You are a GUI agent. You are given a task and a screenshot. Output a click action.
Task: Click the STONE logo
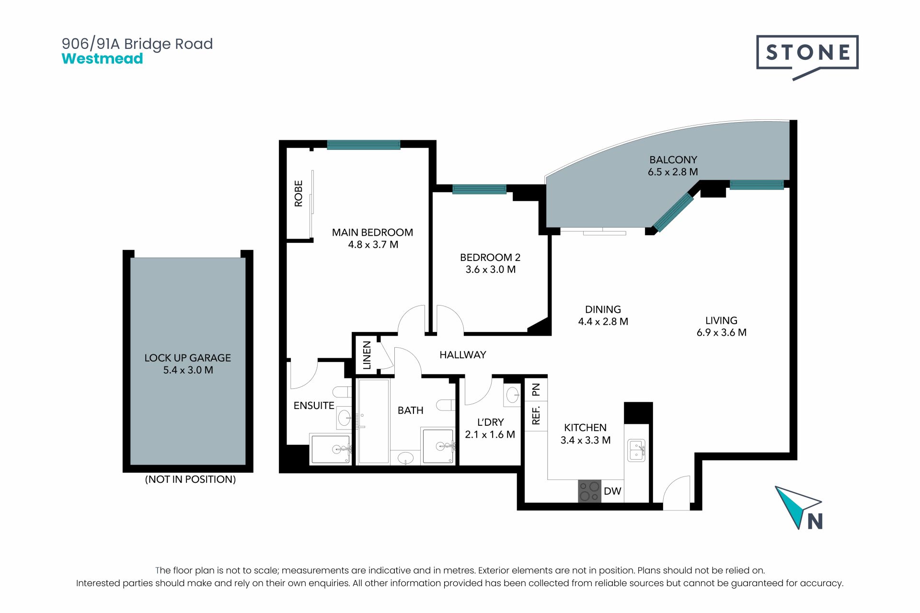tap(807, 56)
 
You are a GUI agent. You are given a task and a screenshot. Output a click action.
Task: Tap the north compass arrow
tap(795, 506)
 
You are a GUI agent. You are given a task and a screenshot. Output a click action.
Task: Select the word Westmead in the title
tap(103, 58)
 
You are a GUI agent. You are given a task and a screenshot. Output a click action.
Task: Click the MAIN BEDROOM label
tap(372, 232)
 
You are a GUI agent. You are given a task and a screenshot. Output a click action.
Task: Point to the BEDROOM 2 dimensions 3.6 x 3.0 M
tap(490, 270)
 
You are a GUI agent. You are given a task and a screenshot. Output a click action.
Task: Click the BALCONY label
tap(673, 159)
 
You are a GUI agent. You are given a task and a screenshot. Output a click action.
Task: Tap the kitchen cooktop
tap(589, 491)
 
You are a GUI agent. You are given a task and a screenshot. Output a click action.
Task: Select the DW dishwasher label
tap(612, 491)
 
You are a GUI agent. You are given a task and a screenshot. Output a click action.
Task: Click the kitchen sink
tap(637, 450)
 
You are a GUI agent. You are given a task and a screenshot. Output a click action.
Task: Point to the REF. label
tap(536, 415)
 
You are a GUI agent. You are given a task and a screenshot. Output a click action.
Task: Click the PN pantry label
tap(536, 389)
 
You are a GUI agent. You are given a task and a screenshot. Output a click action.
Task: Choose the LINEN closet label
tap(367, 355)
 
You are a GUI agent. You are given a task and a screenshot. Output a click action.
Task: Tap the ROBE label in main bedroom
tap(299, 193)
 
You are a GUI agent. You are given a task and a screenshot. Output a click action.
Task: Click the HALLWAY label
tap(463, 355)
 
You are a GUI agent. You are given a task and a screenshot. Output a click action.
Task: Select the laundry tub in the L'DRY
tap(512, 395)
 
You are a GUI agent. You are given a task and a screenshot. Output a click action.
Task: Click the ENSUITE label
tap(314, 406)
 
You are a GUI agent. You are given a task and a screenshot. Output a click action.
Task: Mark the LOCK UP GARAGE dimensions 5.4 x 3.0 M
tap(188, 370)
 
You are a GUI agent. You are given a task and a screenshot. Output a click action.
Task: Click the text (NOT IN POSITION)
tap(190, 479)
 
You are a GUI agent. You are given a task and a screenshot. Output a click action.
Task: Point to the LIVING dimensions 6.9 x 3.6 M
tap(721, 332)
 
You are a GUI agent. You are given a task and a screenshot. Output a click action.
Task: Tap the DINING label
tap(603, 309)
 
